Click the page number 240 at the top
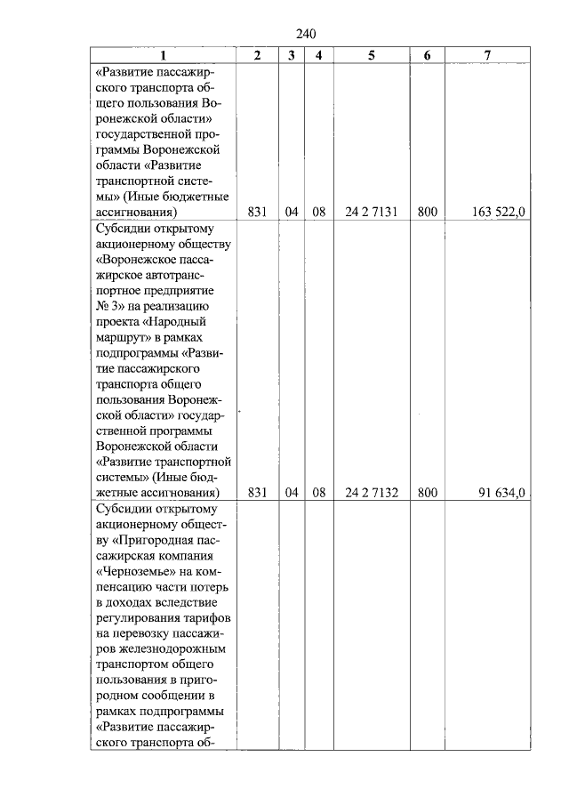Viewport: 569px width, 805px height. pos(305,35)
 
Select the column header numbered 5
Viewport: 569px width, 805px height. pos(372,55)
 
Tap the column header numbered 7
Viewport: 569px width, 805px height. pos(487,55)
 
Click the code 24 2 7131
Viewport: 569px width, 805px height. pos(372,213)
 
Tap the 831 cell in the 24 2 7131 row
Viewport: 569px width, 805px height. pos(257,213)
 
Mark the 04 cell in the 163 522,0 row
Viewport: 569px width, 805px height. pos(291,213)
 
